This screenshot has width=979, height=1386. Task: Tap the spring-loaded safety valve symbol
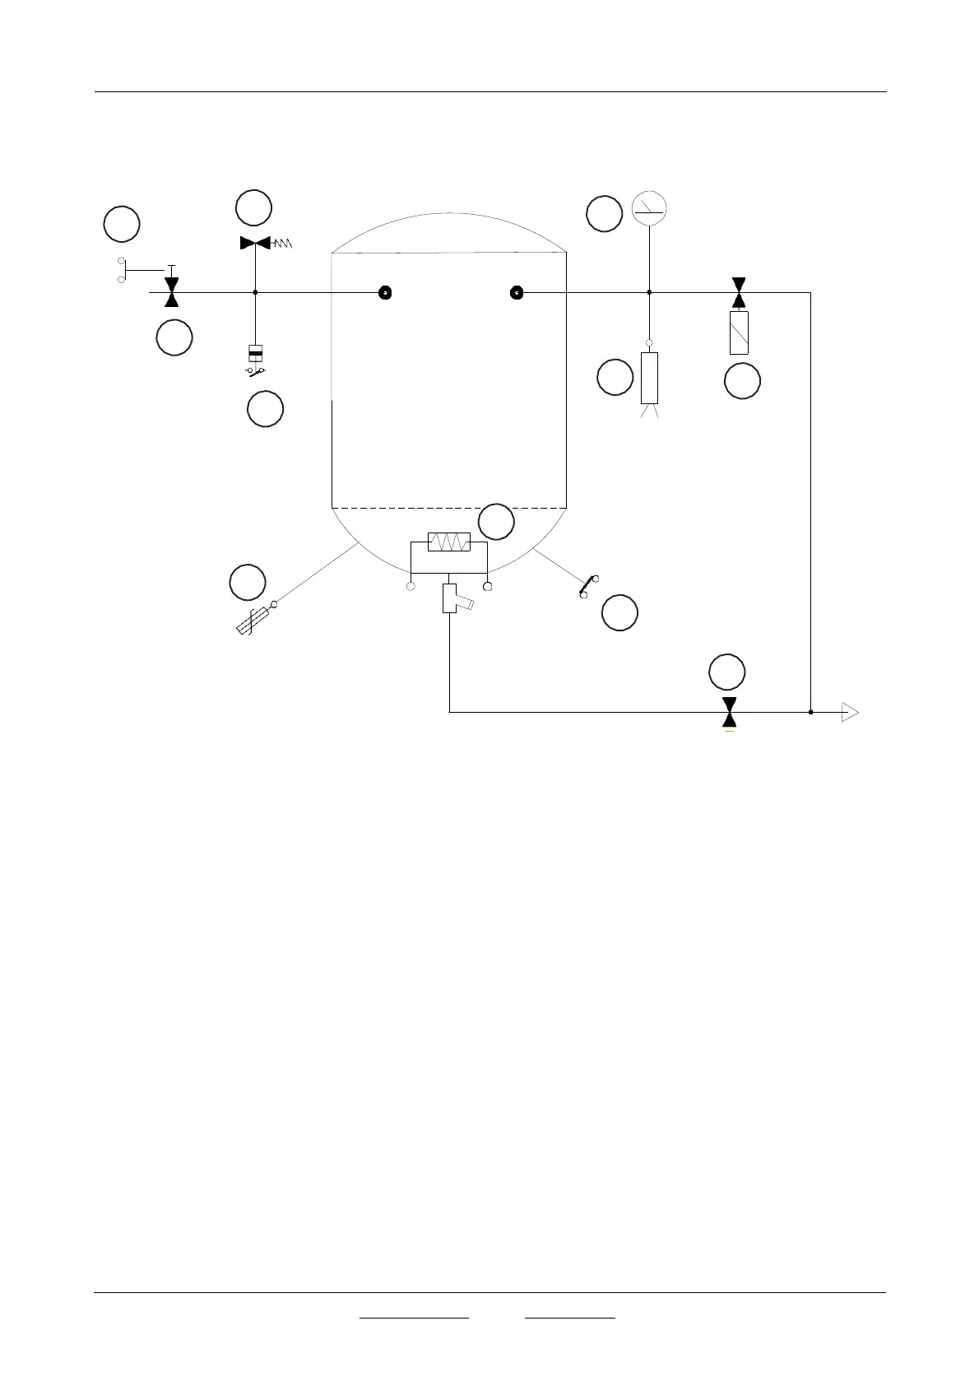click(256, 243)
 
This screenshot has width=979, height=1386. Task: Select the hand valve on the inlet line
click(171, 292)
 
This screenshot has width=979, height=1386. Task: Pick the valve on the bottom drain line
click(729, 712)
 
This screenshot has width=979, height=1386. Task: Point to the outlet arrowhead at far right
click(850, 712)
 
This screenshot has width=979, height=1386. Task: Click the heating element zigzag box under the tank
click(449, 542)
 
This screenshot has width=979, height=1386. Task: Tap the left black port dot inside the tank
click(384, 292)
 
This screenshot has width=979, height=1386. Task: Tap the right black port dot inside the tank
click(517, 292)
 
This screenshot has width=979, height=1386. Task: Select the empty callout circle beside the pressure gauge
click(604, 214)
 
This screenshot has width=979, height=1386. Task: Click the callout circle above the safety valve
click(253, 207)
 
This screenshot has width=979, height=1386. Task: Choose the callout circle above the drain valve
click(727, 672)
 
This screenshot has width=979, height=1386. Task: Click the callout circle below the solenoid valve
click(742, 382)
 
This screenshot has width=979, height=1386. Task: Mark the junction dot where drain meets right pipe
click(810, 712)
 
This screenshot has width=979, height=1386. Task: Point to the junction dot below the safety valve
click(256, 292)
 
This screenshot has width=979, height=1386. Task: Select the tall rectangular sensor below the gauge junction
click(649, 378)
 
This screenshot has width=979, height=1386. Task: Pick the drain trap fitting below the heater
click(451, 598)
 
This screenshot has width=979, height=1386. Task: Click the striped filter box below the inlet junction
click(256, 354)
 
